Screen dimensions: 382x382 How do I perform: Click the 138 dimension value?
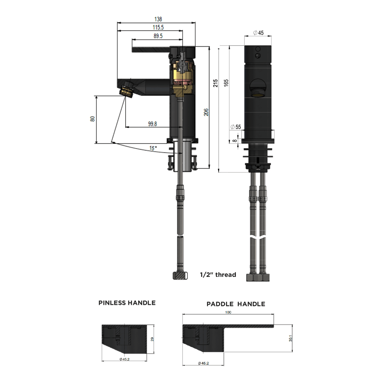(x=158, y=19)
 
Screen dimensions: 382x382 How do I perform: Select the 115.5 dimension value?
(x=158, y=27)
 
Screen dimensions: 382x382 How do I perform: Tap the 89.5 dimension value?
(x=158, y=36)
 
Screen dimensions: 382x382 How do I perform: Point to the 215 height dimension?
(x=215, y=83)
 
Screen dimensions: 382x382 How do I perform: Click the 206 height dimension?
(x=206, y=112)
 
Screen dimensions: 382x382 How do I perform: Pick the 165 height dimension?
(x=226, y=82)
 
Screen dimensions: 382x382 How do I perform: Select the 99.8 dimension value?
(x=152, y=124)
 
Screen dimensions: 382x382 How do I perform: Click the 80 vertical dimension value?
(x=93, y=119)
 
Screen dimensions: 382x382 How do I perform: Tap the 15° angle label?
(x=152, y=149)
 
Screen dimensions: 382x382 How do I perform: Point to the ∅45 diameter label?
(x=259, y=33)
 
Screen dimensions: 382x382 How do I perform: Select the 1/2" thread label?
(x=218, y=274)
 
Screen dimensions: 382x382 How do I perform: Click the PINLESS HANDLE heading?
(x=127, y=303)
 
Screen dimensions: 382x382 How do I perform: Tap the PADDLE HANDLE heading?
(x=236, y=304)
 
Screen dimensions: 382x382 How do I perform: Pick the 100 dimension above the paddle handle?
(x=228, y=312)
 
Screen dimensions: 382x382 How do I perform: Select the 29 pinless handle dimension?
(x=152, y=339)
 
